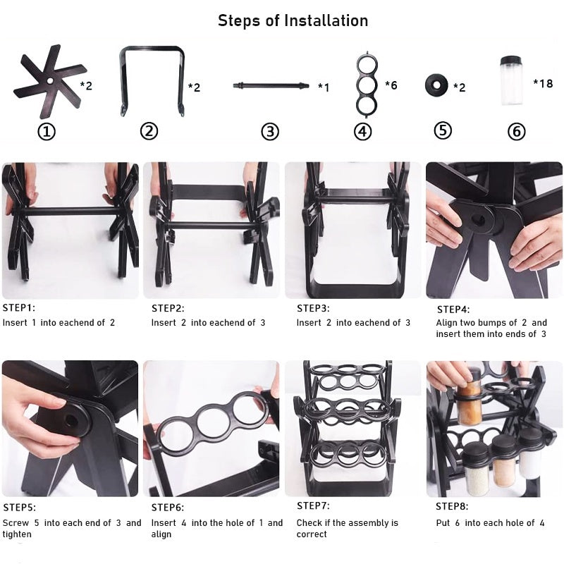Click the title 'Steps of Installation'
293,20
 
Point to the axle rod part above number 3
271,86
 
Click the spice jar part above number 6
512,80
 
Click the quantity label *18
543,83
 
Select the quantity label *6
391,85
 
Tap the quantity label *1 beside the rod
324,87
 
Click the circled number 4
362,131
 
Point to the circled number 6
517,131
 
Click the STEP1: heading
19,308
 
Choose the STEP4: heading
453,309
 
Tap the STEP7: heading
313,505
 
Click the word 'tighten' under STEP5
17,534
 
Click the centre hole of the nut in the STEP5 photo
71,420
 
